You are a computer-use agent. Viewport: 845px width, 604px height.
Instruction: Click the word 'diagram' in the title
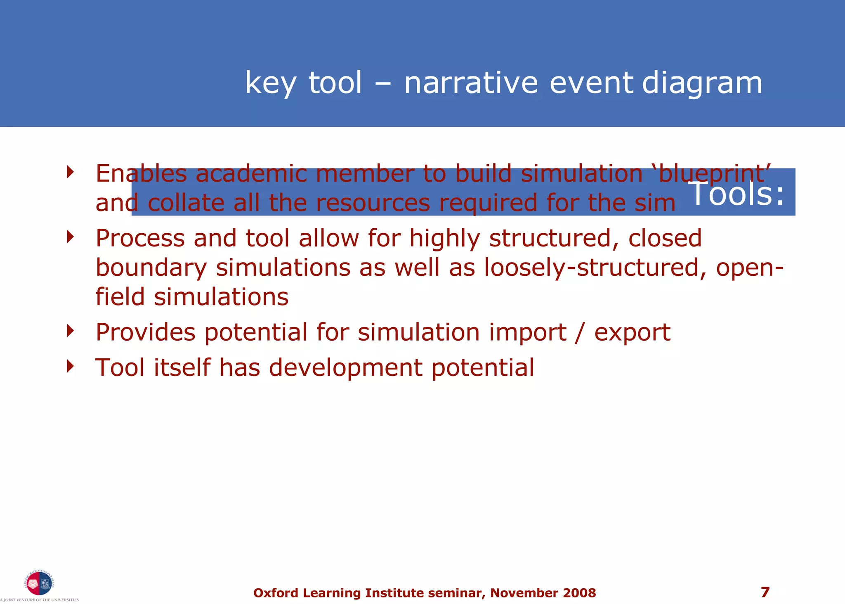(702, 83)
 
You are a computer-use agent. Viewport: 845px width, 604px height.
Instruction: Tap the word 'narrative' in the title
(471, 83)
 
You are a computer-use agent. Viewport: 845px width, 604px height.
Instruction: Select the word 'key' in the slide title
(270, 83)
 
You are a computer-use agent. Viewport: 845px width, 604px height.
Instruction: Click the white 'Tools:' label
(736, 193)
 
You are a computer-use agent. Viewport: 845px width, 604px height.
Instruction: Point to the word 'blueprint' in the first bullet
(713, 173)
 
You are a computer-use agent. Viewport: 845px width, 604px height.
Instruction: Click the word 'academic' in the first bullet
(251, 173)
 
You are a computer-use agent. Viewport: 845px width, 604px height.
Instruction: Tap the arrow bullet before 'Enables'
(71, 172)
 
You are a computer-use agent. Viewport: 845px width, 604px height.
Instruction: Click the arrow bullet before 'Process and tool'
(71, 237)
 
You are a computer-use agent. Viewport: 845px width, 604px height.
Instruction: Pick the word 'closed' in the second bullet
(665, 238)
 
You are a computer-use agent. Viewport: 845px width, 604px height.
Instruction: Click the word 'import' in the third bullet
(528, 332)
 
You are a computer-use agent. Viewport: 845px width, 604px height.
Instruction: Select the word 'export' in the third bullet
(632, 332)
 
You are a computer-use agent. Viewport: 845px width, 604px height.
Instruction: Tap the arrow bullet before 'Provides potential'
(71, 331)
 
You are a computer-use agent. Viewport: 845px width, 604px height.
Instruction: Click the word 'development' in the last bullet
(345, 367)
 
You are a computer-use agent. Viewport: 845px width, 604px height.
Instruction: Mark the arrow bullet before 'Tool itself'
(71, 366)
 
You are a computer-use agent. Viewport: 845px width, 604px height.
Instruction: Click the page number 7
(765, 592)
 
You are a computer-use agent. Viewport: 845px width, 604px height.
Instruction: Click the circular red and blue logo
(39, 583)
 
